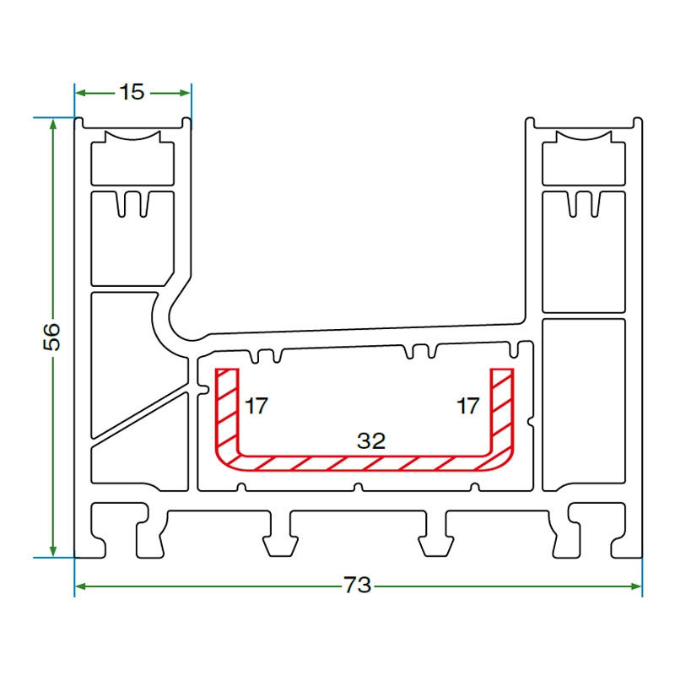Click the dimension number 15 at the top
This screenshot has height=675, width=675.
(132, 92)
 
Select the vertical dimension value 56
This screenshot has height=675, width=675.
(52, 337)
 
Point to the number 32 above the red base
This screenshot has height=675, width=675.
(370, 440)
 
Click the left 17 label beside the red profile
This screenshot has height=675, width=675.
(256, 406)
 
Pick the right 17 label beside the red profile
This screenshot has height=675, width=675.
(468, 406)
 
